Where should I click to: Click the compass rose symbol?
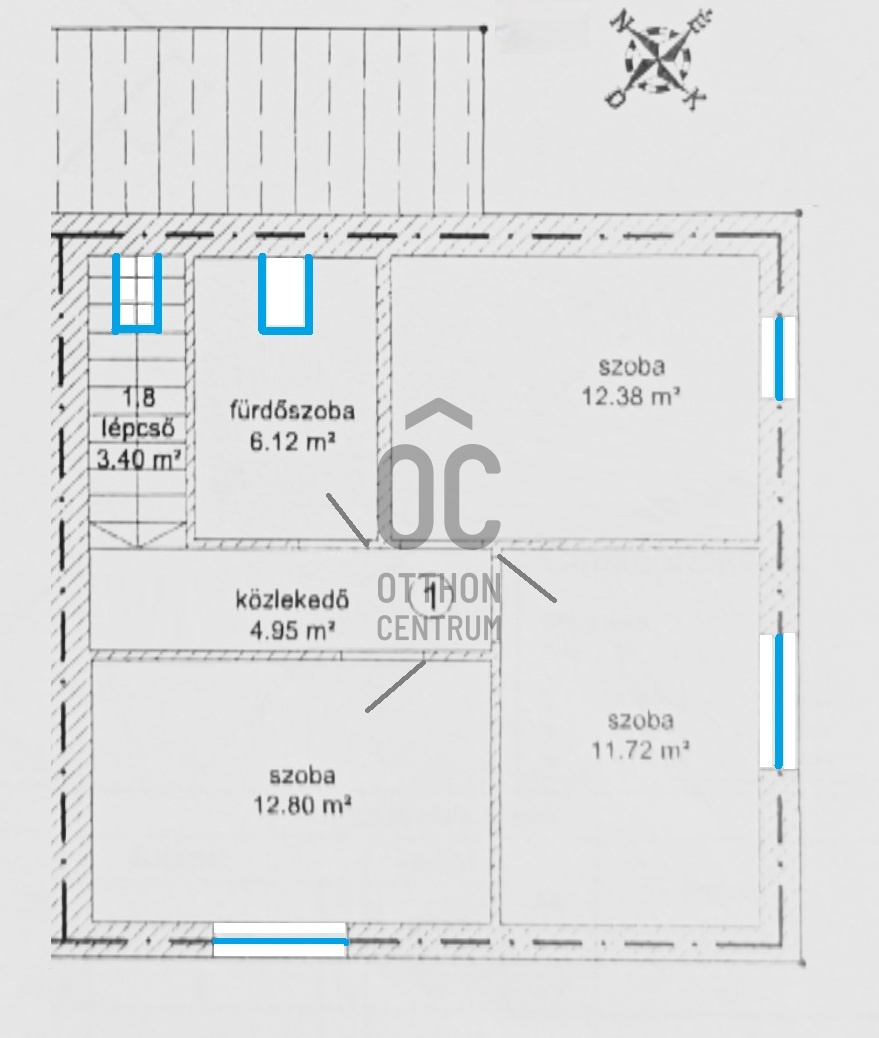click(x=659, y=60)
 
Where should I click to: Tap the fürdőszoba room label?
click(x=292, y=410)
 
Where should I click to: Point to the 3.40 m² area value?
click(x=138, y=459)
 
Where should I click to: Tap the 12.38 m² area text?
click(x=631, y=396)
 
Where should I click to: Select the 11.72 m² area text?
click(x=640, y=749)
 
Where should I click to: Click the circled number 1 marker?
click(x=431, y=599)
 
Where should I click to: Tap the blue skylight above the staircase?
click(x=137, y=292)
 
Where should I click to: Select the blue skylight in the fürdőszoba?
click(x=286, y=292)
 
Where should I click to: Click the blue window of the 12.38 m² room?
click(x=779, y=358)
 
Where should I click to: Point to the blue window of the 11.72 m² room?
click(x=779, y=700)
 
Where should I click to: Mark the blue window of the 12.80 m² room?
click(x=280, y=941)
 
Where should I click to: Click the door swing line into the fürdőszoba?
click(x=348, y=519)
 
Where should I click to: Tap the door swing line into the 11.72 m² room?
click(x=527, y=579)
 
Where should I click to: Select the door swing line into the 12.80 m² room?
click(x=396, y=686)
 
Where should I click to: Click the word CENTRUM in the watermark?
click(x=439, y=629)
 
